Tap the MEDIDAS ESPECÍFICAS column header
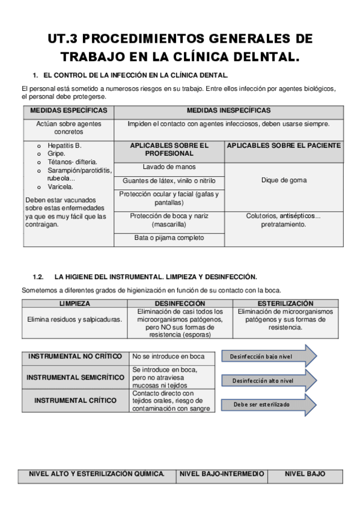tap(69, 111)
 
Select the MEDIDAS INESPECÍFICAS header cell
tap(228, 111)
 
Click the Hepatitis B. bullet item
tap(64, 146)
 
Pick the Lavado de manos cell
tap(169, 167)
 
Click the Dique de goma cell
tap(284, 180)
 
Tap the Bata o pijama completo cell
tap(169, 238)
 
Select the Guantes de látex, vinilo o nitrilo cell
tap(169, 180)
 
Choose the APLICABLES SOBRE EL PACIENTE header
tap(284, 146)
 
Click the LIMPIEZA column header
tap(75, 304)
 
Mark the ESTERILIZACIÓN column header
tap(285, 304)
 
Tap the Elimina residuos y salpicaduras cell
tap(75, 319)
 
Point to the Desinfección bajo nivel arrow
tap(268, 357)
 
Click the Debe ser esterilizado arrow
tap(268, 404)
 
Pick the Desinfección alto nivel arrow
tap(268, 381)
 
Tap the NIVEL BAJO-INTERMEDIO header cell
tap(222, 474)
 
